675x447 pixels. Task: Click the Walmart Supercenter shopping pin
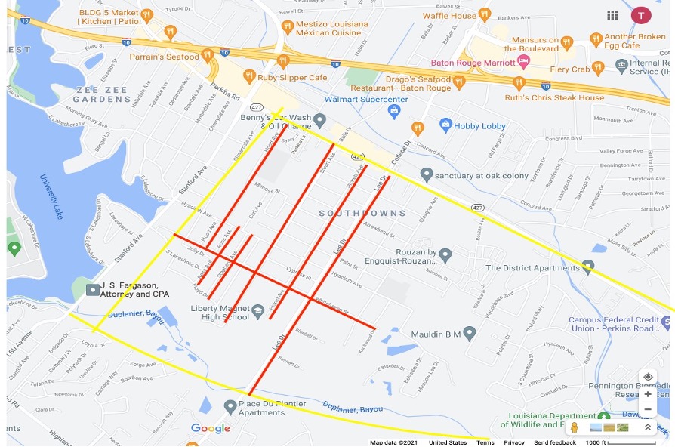[393, 112]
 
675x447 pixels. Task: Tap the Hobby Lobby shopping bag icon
[445, 125]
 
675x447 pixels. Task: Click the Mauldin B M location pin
[469, 332]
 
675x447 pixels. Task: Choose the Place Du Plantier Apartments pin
[230, 407]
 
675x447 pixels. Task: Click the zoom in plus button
[647, 394]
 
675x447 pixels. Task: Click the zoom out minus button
[647, 409]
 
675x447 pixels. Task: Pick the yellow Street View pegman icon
[574, 427]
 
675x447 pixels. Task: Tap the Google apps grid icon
[612, 15]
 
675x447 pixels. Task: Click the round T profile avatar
[641, 15]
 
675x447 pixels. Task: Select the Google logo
[211, 429]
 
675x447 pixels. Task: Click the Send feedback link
[554, 442]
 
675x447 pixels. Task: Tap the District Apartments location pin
[587, 267]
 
